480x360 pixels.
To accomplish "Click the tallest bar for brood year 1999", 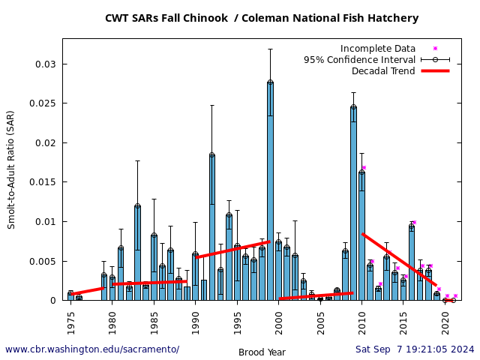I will (x=270, y=191).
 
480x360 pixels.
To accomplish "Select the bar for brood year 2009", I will (x=353, y=203).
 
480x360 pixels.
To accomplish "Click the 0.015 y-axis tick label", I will (x=43, y=182).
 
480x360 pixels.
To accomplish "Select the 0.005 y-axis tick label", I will (x=43, y=261).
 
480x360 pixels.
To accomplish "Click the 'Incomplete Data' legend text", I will (x=377, y=49).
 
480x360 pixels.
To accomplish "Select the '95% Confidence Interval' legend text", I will (x=359, y=60).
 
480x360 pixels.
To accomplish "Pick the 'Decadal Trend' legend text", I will (x=383, y=71).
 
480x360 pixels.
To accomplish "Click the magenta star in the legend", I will (x=435, y=49).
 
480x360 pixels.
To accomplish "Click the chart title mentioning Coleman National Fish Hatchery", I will (x=262, y=19).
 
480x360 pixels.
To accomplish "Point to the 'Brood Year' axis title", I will (x=262, y=352).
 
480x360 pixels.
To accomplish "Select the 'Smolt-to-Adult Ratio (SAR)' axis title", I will (x=11, y=169).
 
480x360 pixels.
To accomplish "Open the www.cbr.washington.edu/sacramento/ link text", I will (x=92, y=349).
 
